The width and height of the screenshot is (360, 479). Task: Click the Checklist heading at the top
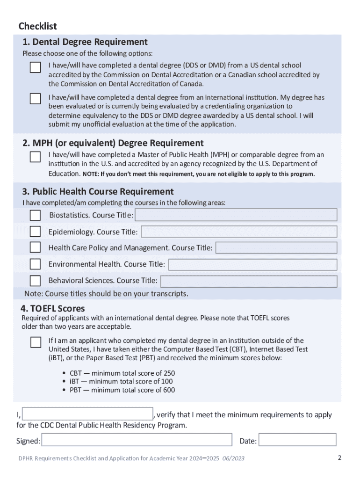tap(37, 26)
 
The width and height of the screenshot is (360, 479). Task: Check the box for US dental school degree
tap(36, 67)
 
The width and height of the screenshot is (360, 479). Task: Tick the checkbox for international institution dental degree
tap(36, 99)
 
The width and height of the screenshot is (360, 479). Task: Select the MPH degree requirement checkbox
tap(36, 157)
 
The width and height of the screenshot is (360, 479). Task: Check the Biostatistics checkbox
tap(36, 215)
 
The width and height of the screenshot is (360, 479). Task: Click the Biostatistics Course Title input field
tap(236, 215)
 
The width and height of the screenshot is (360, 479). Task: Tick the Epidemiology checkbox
tap(36, 232)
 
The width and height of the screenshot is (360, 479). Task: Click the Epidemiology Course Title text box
tap(238, 232)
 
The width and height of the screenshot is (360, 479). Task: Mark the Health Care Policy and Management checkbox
tap(36, 247)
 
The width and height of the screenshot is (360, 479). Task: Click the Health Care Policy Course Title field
tap(276, 247)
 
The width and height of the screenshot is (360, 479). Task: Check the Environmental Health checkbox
tap(36, 264)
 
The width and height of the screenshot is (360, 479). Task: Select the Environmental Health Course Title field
tap(252, 264)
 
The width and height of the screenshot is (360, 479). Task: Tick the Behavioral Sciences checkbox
tap(36, 281)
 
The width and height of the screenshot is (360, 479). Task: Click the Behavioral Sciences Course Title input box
tap(248, 281)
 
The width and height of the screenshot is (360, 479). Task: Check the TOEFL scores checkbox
tap(36, 342)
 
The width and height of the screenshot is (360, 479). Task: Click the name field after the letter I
tap(87, 414)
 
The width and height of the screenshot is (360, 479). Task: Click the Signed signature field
tap(137, 440)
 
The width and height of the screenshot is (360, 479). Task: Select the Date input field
tap(297, 440)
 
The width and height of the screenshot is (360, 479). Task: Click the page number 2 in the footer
tap(339, 457)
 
